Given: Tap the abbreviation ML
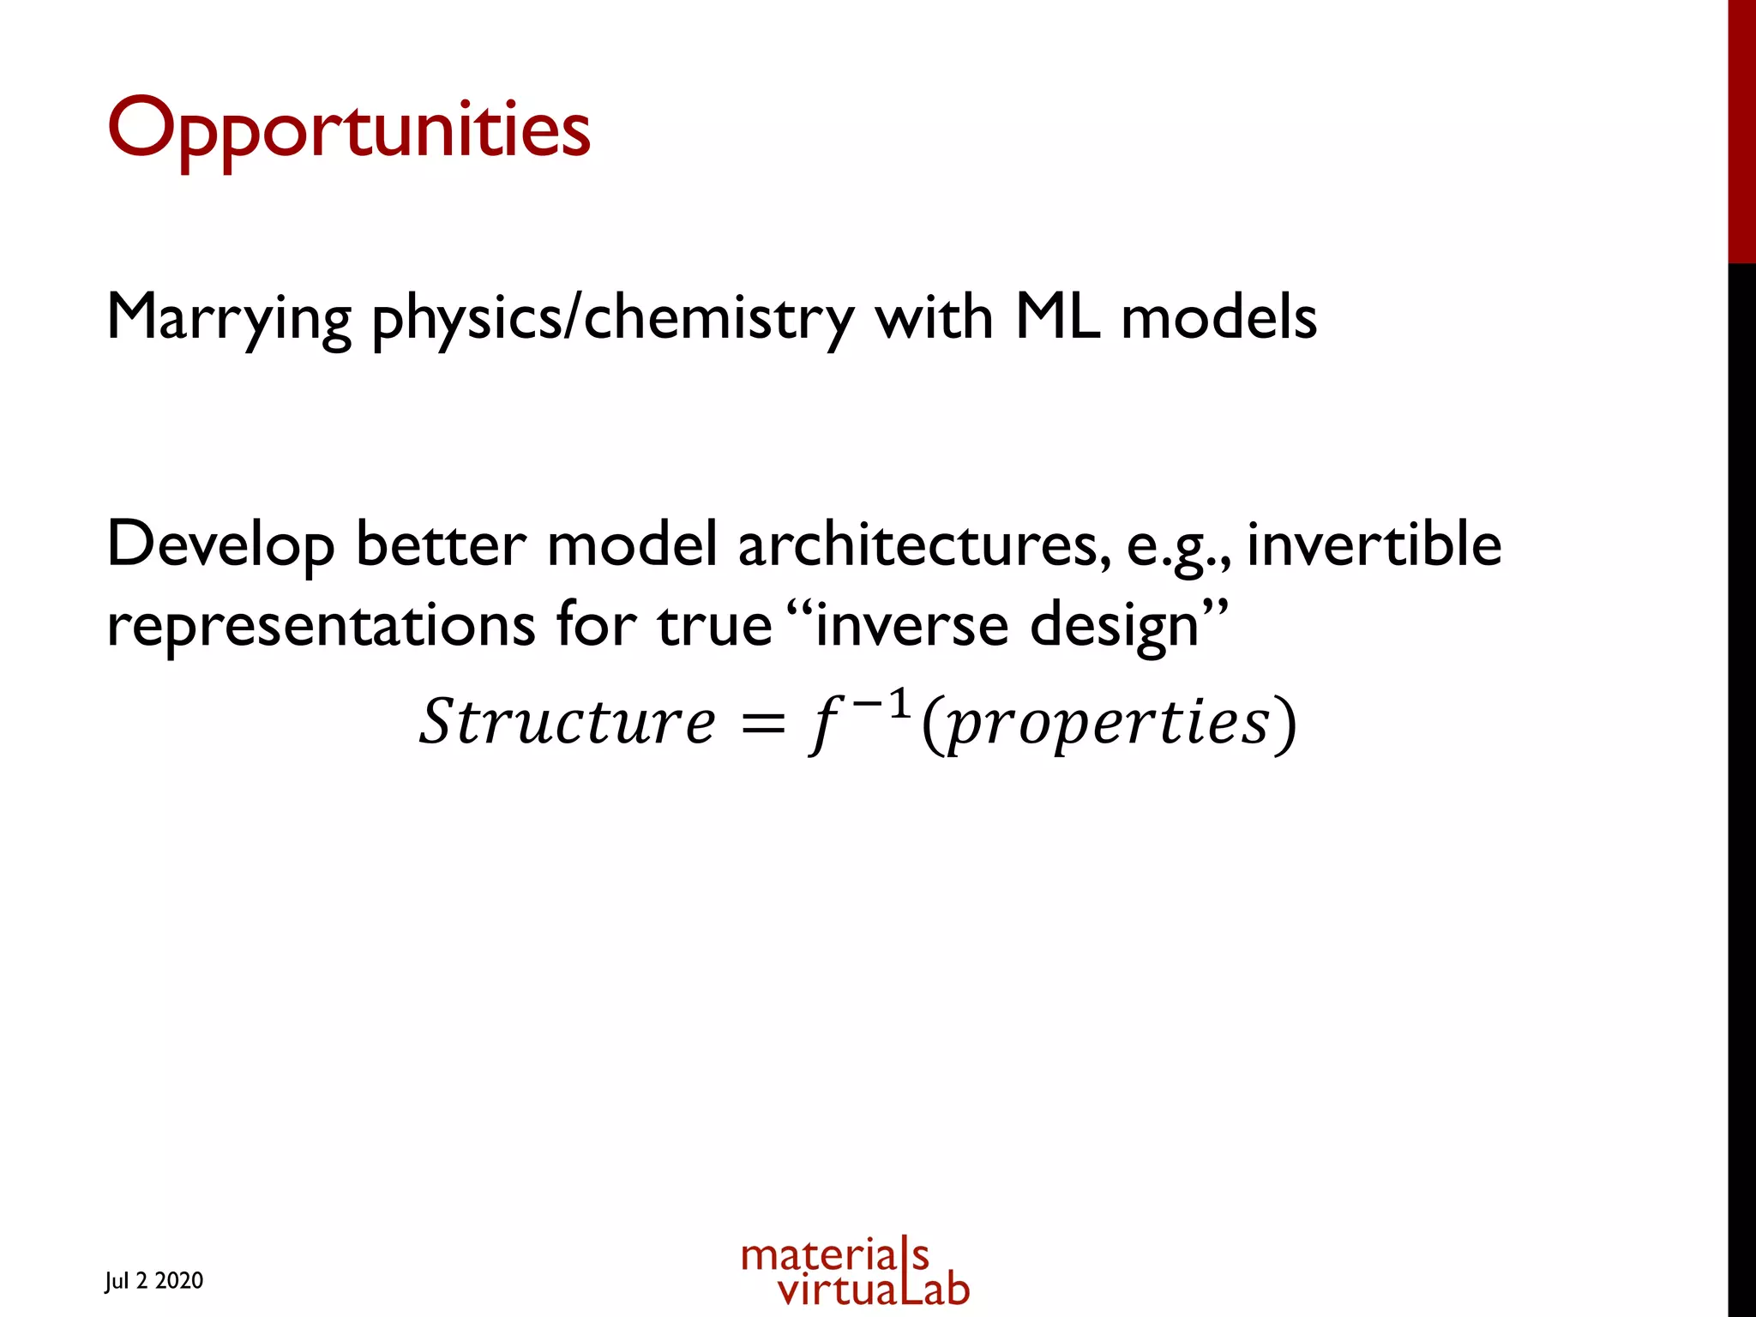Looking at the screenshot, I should tap(1056, 317).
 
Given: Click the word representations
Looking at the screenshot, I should tap(321, 626).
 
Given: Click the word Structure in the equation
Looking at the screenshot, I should tap(566, 722).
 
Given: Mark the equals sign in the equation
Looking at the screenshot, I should tap(762, 725).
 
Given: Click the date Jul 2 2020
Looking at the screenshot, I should tap(154, 1281).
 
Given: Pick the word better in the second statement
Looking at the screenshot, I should tap(441, 545).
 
